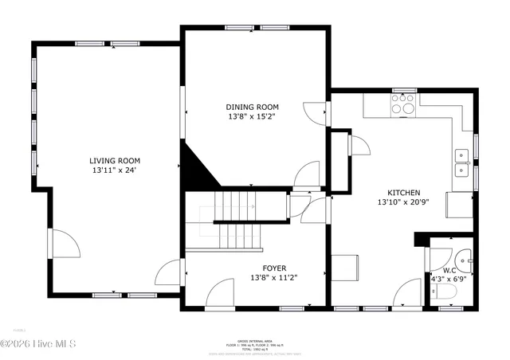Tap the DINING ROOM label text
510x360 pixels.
pyautogui.click(x=252, y=108)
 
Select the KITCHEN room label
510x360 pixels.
pyautogui.click(x=404, y=193)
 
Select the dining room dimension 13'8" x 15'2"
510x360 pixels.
pyautogui.click(x=252, y=117)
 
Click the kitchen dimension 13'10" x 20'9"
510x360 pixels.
pyautogui.click(x=404, y=202)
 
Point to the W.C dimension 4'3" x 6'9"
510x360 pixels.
pyautogui.click(x=449, y=279)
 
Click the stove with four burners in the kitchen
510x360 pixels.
pyautogui.click(x=404, y=104)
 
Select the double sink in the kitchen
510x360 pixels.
pyautogui.click(x=461, y=162)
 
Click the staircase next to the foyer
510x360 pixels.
pyautogui.click(x=239, y=219)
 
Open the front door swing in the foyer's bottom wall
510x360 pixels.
pyautogui.click(x=219, y=297)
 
